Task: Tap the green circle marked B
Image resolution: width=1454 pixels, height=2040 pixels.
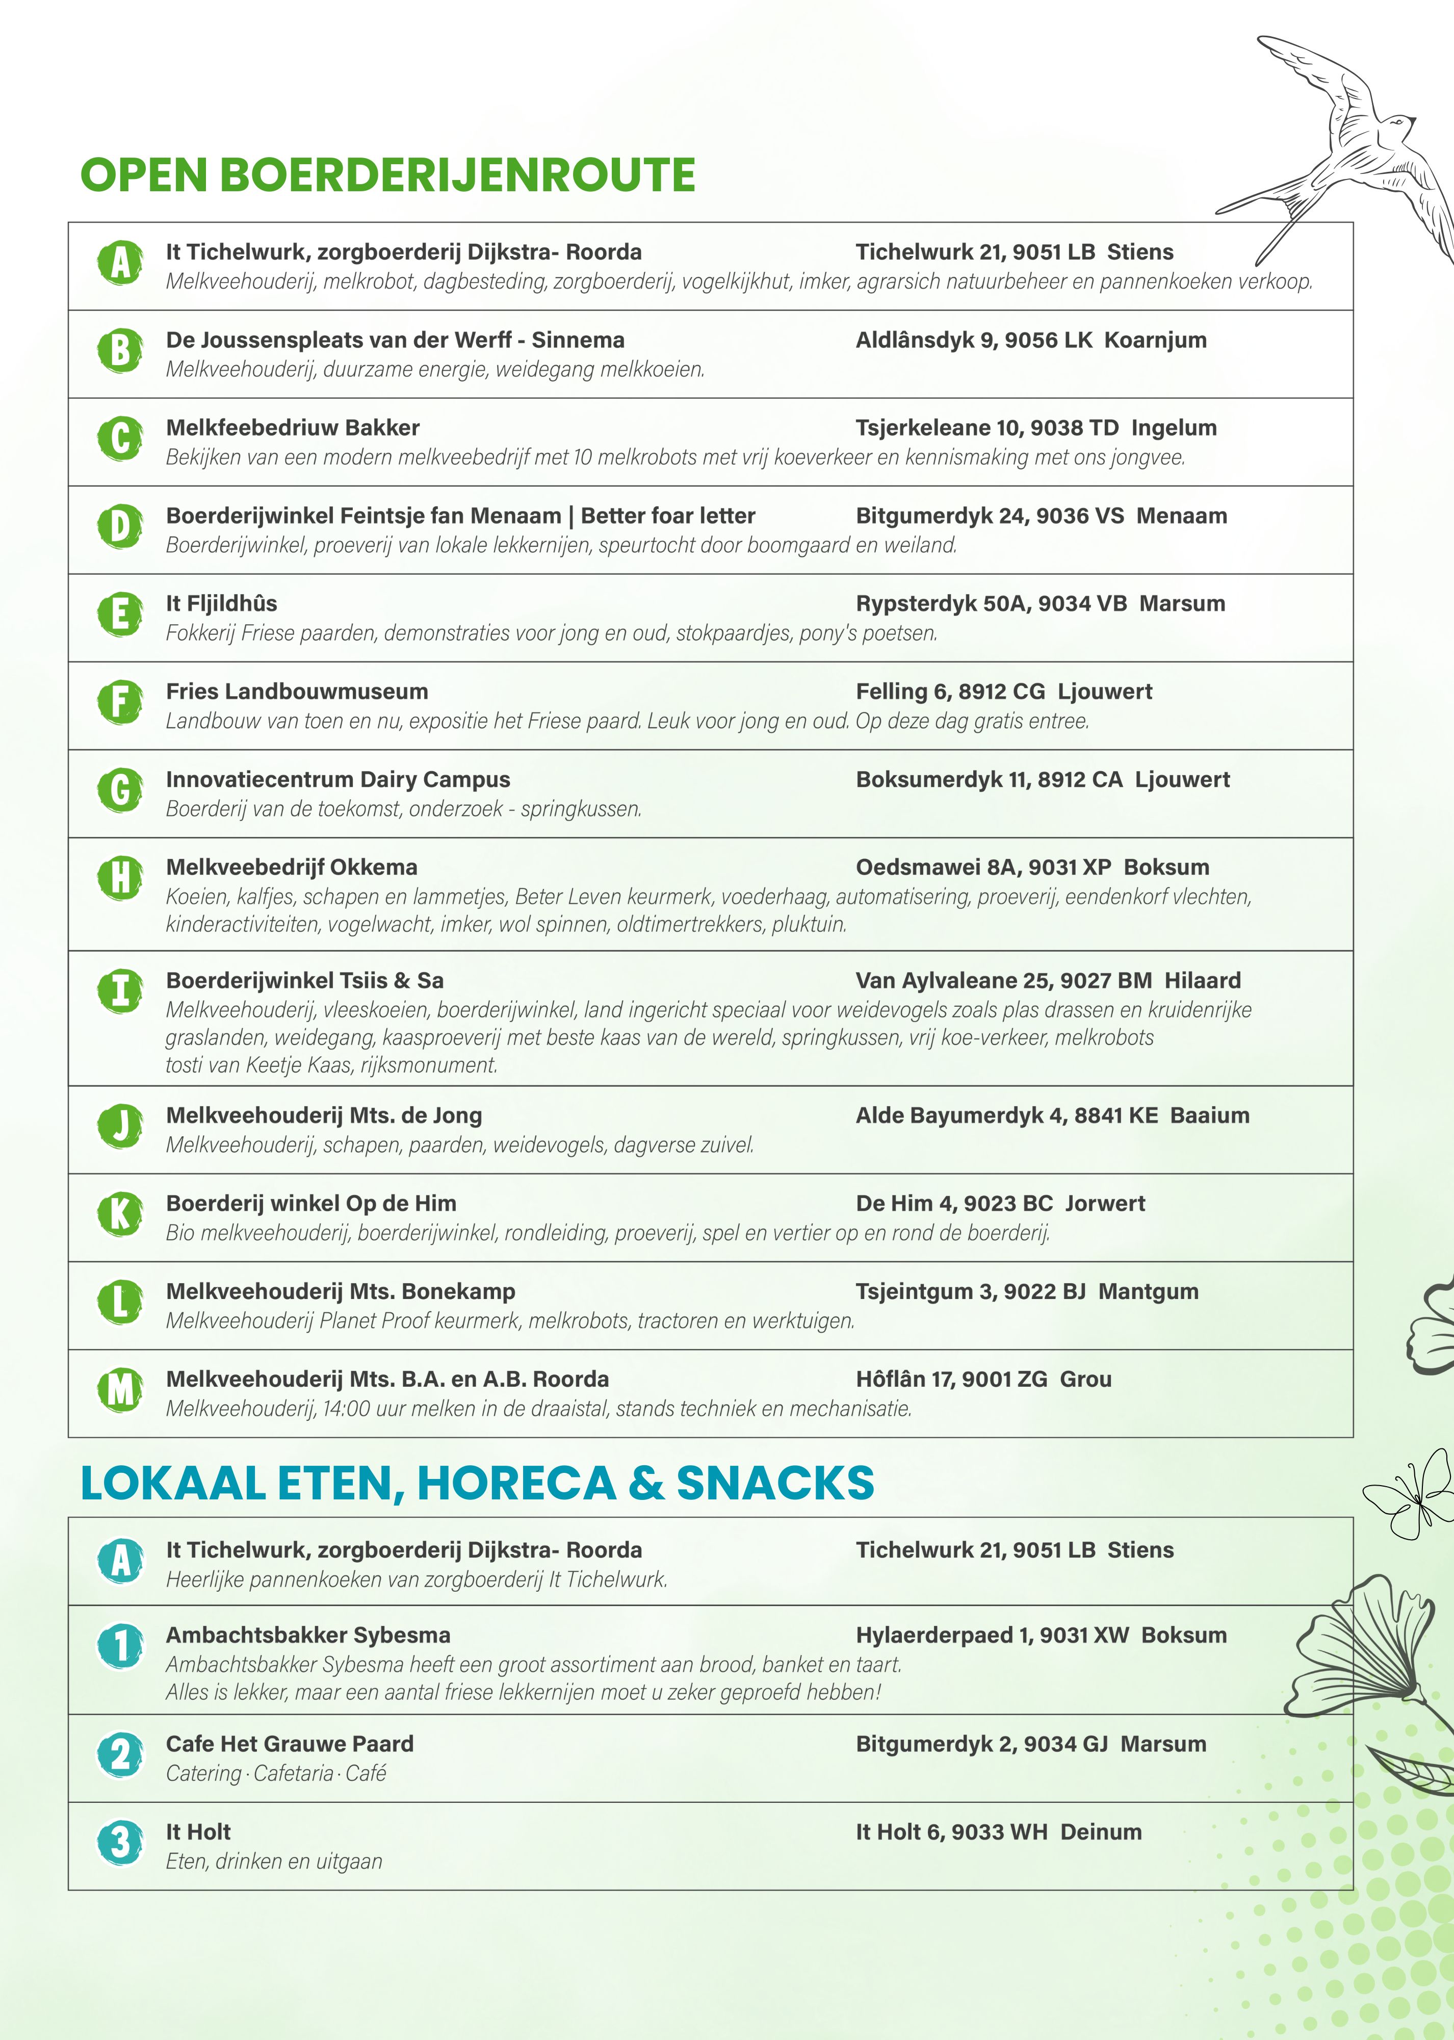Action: point(120,350)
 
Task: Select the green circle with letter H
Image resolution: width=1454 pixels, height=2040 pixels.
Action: point(120,878)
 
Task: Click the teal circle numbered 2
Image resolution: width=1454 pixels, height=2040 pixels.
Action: point(120,1754)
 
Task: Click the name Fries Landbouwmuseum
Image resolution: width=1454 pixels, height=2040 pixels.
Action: point(297,692)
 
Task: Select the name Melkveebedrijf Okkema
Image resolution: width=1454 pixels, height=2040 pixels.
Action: point(292,867)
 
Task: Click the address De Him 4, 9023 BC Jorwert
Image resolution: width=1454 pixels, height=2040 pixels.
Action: point(1000,1204)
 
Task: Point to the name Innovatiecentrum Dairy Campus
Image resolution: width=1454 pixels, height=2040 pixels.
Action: point(339,779)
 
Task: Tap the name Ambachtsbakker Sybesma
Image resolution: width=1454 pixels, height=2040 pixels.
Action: point(308,1635)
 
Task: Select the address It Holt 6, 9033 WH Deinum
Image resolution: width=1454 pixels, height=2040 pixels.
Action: point(998,1832)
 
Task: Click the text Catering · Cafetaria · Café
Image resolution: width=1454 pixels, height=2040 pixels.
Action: point(276,1774)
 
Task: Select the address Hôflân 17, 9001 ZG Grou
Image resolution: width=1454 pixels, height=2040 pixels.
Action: point(983,1379)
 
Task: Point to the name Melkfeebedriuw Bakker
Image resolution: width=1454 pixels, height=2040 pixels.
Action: point(293,428)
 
